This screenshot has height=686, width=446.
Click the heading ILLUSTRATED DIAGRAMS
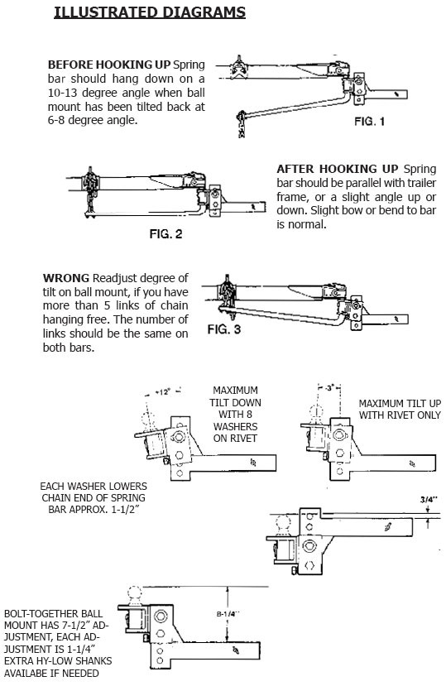tap(150, 12)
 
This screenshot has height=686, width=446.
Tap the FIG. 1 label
tap(369, 121)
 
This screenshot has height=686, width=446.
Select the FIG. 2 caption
tap(165, 233)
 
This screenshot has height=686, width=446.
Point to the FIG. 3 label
tap(223, 329)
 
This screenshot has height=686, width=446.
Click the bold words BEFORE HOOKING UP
tap(109, 65)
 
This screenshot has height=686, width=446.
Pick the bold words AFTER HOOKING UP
tap(338, 169)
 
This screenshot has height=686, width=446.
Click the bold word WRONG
tap(66, 278)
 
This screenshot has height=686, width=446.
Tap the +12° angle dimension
tap(162, 392)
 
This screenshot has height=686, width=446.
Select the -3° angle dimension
tap(330, 387)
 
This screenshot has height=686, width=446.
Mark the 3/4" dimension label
tap(429, 499)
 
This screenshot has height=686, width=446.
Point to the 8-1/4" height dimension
tap(227, 614)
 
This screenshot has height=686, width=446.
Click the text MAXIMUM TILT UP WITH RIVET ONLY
tap(400, 409)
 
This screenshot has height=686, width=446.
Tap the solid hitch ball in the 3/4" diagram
tap(283, 525)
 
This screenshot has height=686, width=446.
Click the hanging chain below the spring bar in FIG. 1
tap(241, 125)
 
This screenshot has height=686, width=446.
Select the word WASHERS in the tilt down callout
tap(235, 426)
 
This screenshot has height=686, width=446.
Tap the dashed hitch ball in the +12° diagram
tap(148, 421)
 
